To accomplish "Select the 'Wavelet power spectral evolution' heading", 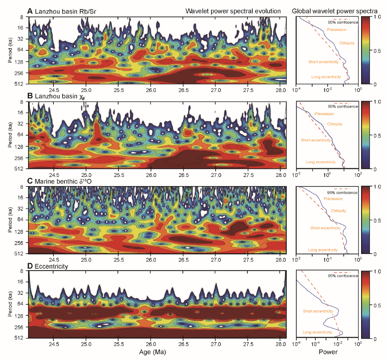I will tap(233, 11).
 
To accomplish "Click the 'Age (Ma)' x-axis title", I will tap(157, 352).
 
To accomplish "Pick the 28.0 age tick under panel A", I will tap(280, 90).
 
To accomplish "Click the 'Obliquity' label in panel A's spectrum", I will tap(347, 43).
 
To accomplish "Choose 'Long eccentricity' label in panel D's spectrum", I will tap(318, 332).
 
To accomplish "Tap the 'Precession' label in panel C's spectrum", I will tap(333, 199).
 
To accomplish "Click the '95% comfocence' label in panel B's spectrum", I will tap(343, 106).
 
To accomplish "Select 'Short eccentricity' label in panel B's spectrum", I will tap(316, 140).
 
